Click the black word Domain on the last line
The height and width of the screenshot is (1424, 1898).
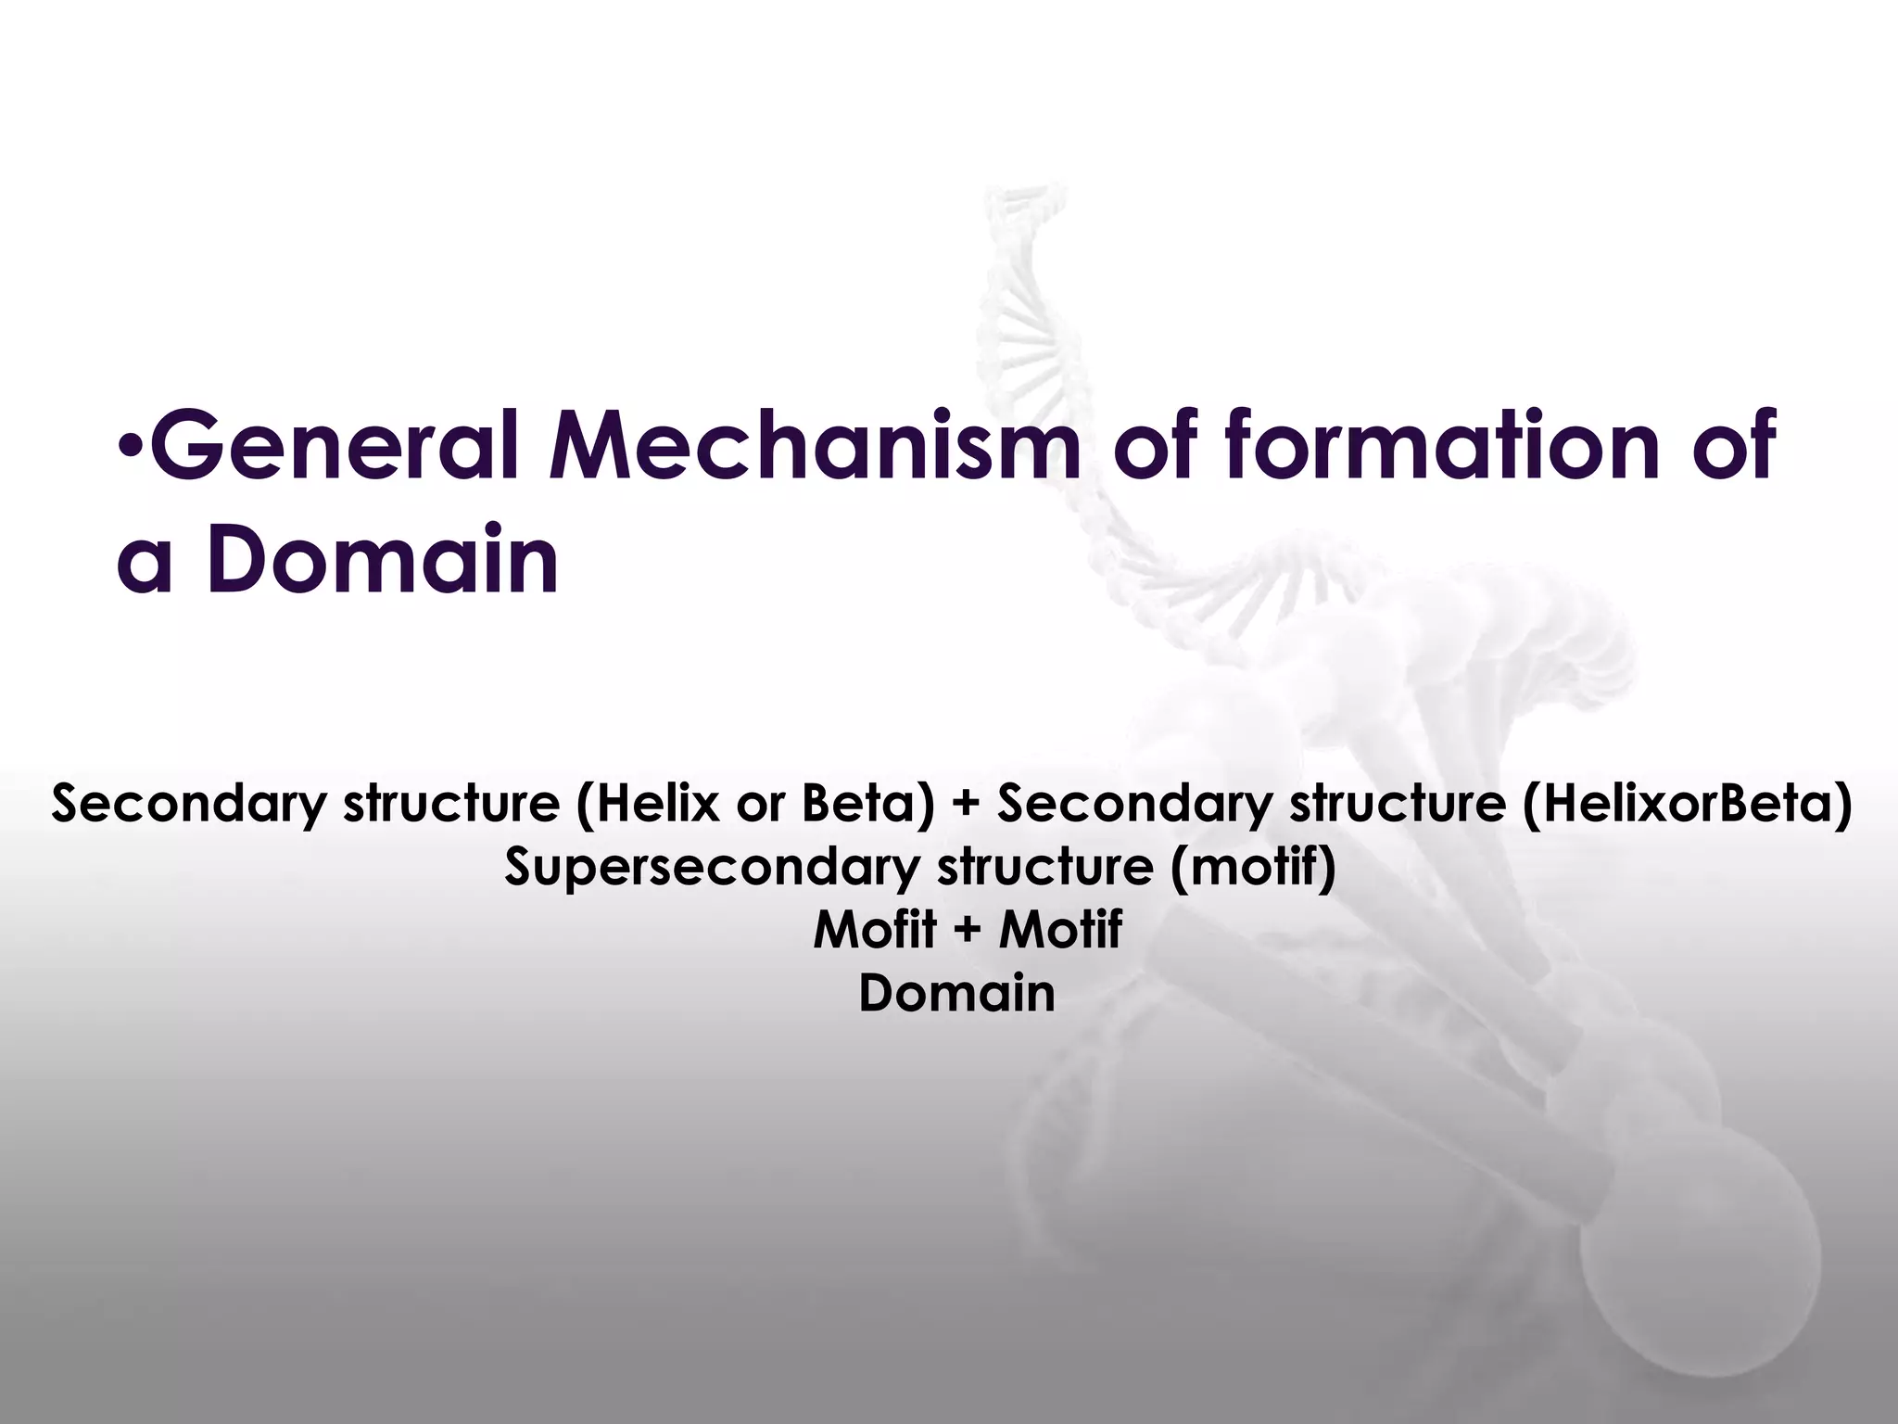click(x=956, y=994)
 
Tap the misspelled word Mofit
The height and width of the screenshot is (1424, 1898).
click(x=874, y=930)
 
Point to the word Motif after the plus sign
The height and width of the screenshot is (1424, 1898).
click(x=1060, y=930)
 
